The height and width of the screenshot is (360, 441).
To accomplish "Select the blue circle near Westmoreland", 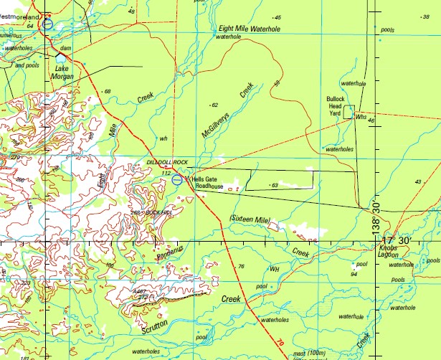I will pyautogui.click(x=47, y=24).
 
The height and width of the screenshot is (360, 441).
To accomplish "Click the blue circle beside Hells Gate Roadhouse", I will pyautogui.click(x=177, y=179).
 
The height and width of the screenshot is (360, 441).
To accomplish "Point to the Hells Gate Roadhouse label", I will pyautogui.click(x=208, y=183).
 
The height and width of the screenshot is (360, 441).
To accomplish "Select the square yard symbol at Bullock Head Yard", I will pyautogui.click(x=348, y=111).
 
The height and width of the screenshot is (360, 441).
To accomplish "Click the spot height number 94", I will pyautogui.click(x=354, y=274).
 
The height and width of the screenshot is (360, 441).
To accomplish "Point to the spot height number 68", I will pyautogui.click(x=108, y=92).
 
